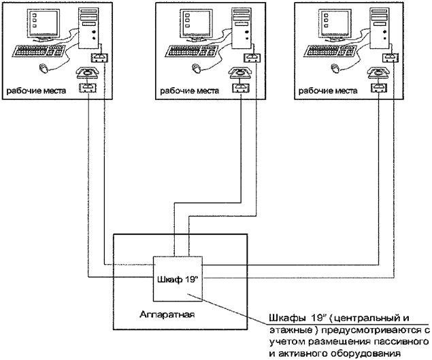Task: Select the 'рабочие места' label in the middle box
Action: click(x=188, y=90)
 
